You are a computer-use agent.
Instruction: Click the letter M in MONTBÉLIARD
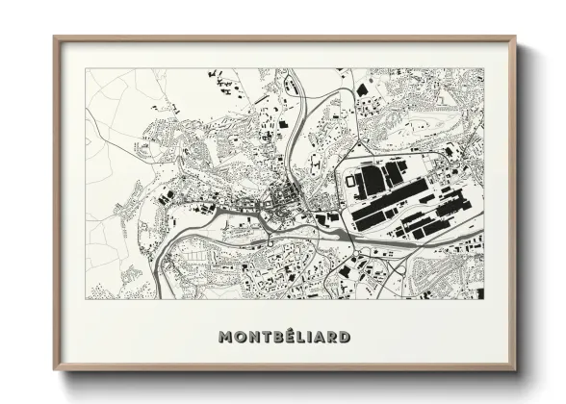pos(225,338)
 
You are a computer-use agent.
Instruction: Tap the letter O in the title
pos(239,338)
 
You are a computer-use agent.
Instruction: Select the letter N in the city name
pos(251,338)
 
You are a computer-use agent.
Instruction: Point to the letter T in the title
pos(264,338)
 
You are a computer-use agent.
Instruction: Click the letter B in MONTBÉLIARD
pos(275,338)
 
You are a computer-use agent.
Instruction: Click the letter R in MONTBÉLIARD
pos(330,338)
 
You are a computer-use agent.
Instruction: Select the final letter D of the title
pos(343,338)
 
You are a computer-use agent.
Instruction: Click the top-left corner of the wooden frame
pos(54,38)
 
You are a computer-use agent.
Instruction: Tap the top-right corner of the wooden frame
pos(515,38)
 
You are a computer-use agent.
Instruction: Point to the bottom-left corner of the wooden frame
pos(54,370)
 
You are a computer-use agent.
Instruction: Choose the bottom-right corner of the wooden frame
pos(515,370)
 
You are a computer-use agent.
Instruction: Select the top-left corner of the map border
pos(87,69)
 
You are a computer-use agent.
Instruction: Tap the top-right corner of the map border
pos(483,69)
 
